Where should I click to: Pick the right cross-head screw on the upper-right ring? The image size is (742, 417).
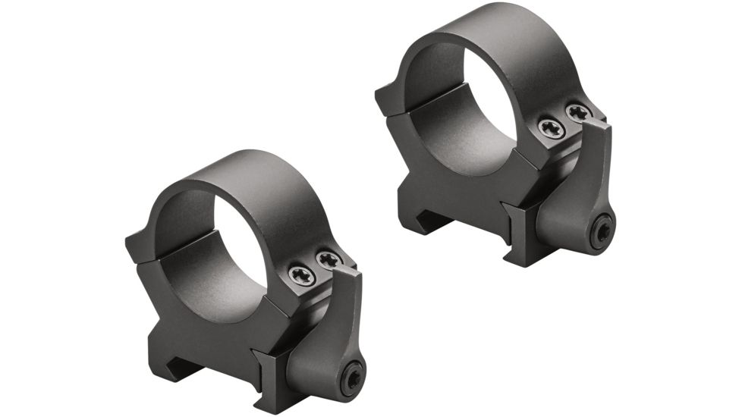point(578,113)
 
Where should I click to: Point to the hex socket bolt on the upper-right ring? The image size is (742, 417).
point(602,230)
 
